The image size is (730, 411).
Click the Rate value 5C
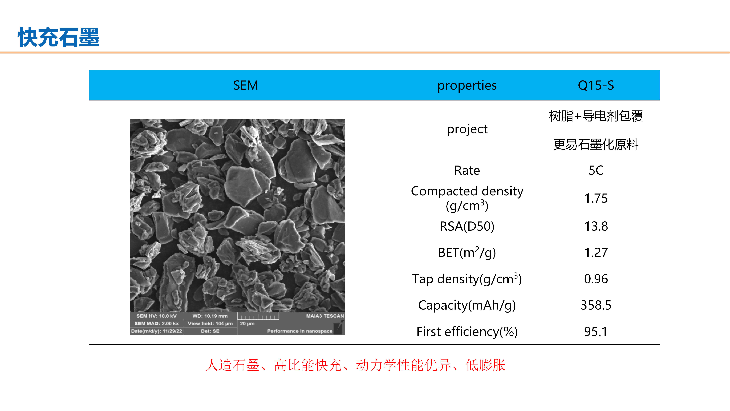point(596,170)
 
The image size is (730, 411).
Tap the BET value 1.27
point(596,252)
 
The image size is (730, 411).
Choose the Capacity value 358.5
point(596,305)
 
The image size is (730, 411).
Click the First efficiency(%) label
point(467,332)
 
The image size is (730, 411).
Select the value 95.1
point(596,332)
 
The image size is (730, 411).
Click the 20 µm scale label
point(247,324)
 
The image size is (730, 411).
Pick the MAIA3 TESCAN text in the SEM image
point(325,316)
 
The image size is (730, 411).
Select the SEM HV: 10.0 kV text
point(156,316)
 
